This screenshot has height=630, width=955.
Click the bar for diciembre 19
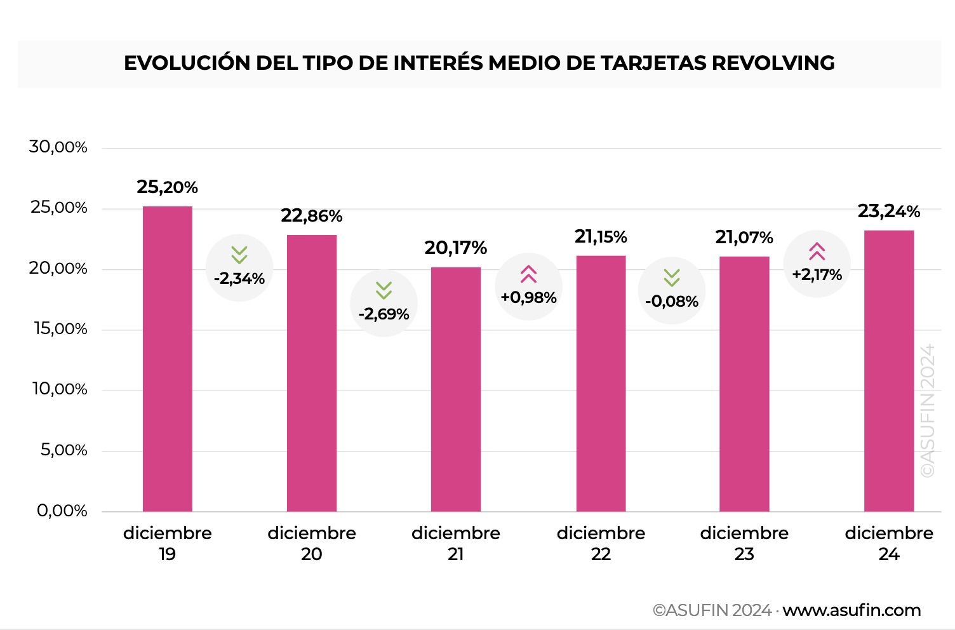(167, 359)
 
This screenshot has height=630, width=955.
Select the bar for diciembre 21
(455, 389)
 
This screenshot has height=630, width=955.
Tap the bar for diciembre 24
(888, 371)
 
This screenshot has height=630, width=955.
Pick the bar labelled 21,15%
(601, 383)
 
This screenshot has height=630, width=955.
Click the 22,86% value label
(312, 216)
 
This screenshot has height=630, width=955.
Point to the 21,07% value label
(744, 238)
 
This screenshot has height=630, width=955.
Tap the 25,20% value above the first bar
(167, 187)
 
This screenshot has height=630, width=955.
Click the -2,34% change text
(239, 278)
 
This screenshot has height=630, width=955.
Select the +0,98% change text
(528, 297)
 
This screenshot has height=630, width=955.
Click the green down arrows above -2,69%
(384, 290)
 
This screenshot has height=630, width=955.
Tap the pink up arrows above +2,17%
(817, 251)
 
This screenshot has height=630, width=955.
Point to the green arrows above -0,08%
(672, 278)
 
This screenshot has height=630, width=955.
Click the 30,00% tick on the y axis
(58, 147)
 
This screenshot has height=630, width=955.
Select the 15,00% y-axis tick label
(60, 329)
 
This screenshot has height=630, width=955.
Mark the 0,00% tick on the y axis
(62, 511)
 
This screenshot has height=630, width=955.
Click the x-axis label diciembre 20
(312, 544)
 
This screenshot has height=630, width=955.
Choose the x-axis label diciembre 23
(744, 544)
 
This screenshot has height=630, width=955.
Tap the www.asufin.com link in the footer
(851, 610)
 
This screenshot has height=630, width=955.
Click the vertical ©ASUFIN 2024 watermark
(928, 410)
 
